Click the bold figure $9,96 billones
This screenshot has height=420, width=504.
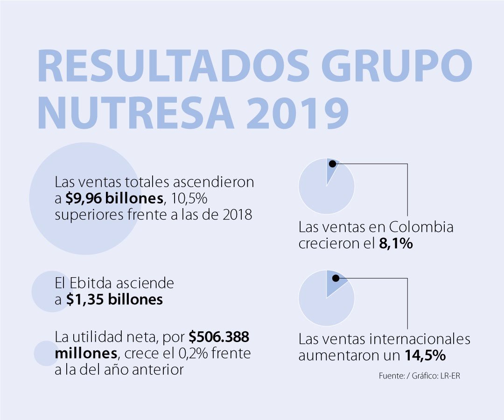coord(114,198)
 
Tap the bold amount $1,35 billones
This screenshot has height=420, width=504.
coord(114,299)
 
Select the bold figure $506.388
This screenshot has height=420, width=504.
coord(219,336)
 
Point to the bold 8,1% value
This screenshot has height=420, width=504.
coord(396,244)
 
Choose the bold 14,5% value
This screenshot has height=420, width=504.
coord(425,355)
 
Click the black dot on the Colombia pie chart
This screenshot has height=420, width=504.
coord(332,163)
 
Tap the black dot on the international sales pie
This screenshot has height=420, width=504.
coord(335,278)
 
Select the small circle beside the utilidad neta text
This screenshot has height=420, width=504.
coord(46,353)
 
